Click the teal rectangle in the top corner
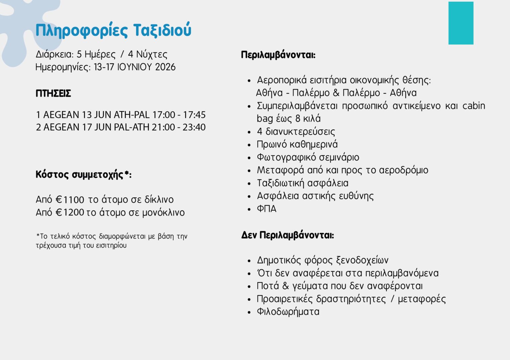[461, 23]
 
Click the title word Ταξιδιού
[162, 30]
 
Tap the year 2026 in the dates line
[165, 67]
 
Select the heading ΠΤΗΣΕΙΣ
[53, 93]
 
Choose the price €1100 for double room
[70, 200]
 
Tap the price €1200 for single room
[70, 213]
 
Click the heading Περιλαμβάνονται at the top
[278, 55]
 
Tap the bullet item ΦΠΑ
[266, 209]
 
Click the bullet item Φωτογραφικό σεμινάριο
[308, 157]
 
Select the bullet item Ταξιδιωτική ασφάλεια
[302, 183]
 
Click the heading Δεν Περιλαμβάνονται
[287, 235]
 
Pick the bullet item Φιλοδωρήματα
[288, 312]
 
